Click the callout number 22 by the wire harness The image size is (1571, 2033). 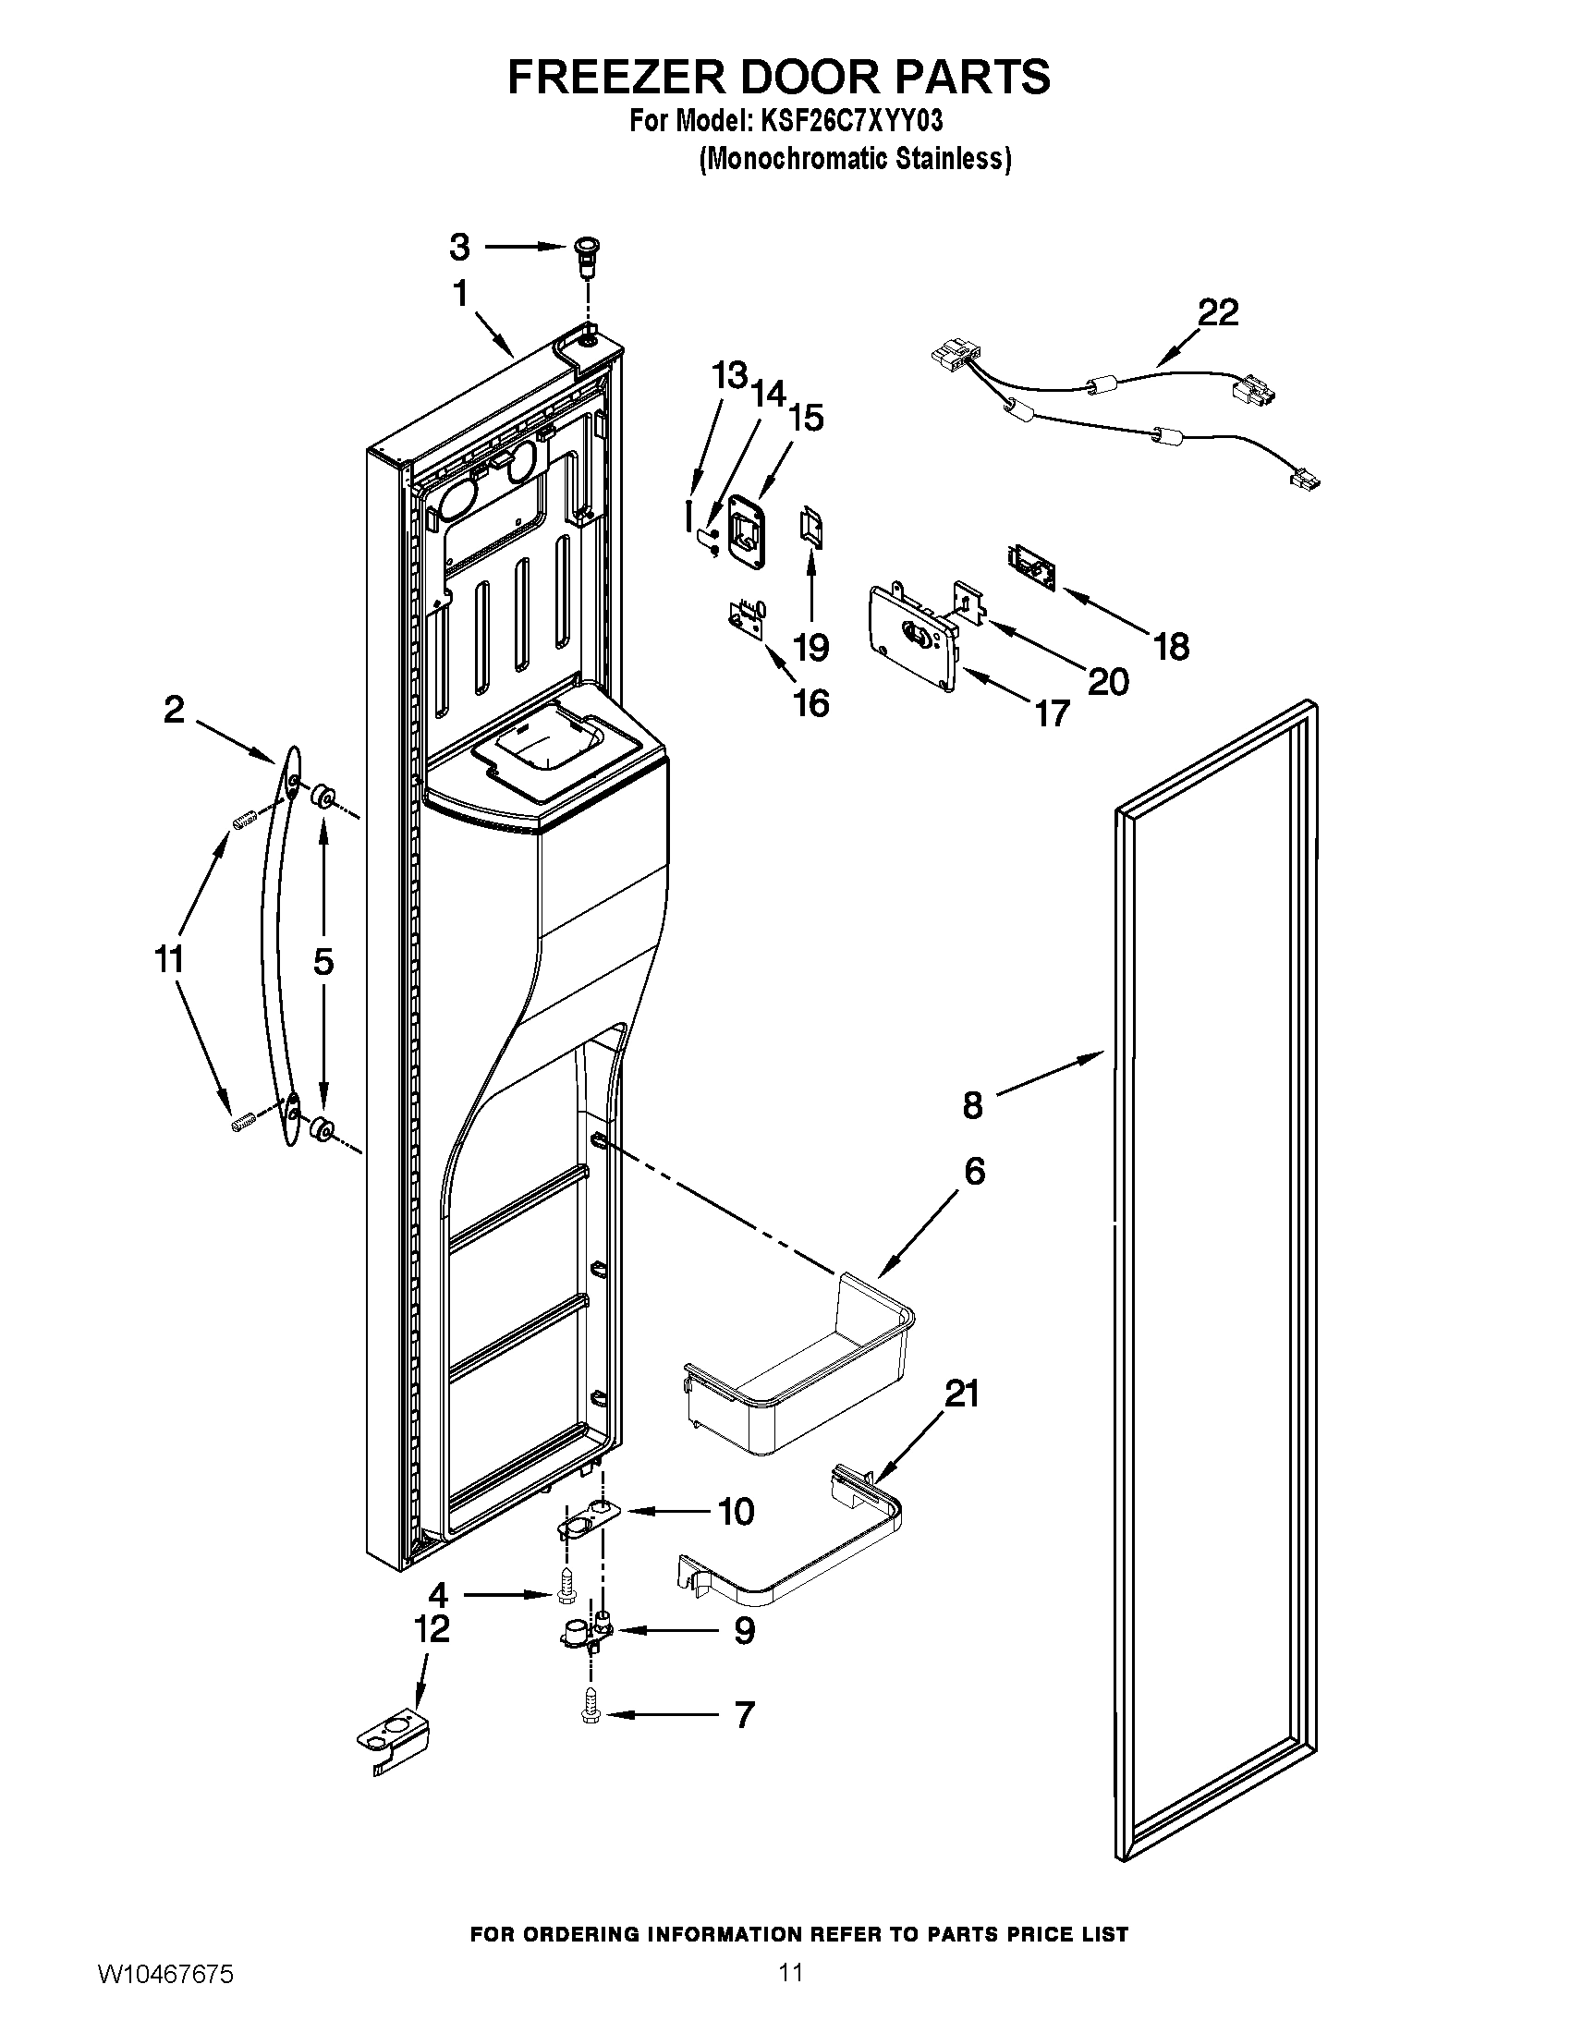pyautogui.click(x=1217, y=312)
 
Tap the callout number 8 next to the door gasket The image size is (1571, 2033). pyautogui.click(x=972, y=1105)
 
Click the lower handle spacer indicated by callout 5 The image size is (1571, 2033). pyautogui.click(x=323, y=1129)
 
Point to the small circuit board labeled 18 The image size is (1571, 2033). pyautogui.click(x=1030, y=567)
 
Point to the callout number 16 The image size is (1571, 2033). pyautogui.click(x=811, y=704)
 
